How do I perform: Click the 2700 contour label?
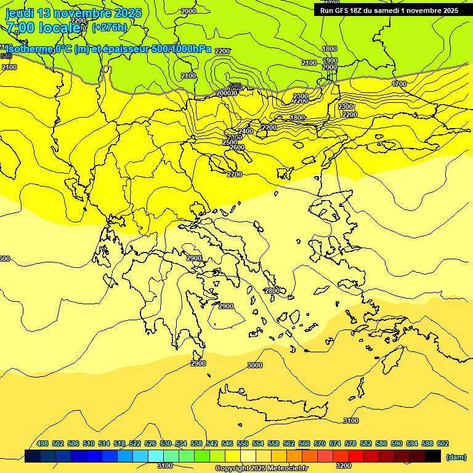(x=234, y=174)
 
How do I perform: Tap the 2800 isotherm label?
(x=272, y=291)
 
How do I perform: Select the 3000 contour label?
(x=254, y=365)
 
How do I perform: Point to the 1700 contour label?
(x=399, y=83)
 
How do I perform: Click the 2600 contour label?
(x=236, y=147)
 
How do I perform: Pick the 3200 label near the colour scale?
(x=344, y=466)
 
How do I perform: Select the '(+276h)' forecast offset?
(x=110, y=27)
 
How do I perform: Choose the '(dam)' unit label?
(x=455, y=456)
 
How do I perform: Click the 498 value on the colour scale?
(x=42, y=443)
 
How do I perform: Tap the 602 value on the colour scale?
(x=443, y=443)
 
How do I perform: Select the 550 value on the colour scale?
(x=243, y=443)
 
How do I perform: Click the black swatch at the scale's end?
(x=432, y=456)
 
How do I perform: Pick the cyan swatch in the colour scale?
(x=156, y=456)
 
